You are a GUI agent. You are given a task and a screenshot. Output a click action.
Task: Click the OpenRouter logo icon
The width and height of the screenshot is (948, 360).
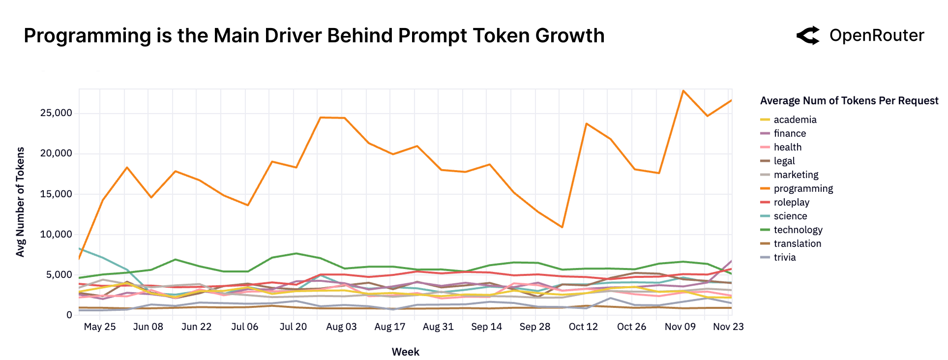[808, 35]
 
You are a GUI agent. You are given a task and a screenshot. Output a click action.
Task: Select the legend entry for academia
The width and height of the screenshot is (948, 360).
[795, 120]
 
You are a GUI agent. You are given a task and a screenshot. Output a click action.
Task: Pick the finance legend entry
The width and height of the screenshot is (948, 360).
[789, 133]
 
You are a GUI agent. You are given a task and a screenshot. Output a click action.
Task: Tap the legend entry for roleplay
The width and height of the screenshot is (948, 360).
[791, 202]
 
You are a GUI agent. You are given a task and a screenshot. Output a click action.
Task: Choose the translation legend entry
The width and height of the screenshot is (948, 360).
[797, 243]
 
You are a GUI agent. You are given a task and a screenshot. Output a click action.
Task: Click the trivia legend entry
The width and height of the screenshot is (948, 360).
[784, 257]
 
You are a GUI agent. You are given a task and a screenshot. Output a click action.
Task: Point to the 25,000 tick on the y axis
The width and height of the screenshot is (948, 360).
[56, 113]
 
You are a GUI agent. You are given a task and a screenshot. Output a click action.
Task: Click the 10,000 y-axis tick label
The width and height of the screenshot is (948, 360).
[56, 234]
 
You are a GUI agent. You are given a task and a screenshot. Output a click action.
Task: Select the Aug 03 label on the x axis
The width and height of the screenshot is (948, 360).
[341, 327]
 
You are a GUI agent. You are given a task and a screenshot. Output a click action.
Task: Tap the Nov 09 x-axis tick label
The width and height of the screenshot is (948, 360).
[680, 327]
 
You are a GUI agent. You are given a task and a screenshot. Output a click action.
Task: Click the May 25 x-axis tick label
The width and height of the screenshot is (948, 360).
[100, 327]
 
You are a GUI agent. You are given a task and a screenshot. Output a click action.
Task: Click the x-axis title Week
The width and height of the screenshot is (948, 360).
[405, 352]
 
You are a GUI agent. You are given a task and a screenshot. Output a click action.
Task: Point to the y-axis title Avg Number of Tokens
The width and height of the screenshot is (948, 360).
[20, 202]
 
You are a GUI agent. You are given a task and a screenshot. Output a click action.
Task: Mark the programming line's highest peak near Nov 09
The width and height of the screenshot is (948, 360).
[683, 91]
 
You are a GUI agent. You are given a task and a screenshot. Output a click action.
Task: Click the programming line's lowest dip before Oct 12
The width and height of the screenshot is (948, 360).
[562, 227]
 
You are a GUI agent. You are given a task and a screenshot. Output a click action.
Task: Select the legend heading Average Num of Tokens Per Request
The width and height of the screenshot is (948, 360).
[849, 101]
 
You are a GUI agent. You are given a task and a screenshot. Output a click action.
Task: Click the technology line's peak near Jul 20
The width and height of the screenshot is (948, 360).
[296, 253]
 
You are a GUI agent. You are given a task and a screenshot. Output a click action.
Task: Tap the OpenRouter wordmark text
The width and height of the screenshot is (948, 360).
[876, 35]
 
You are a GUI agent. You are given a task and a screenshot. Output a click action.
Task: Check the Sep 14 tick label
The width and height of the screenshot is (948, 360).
[486, 327]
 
